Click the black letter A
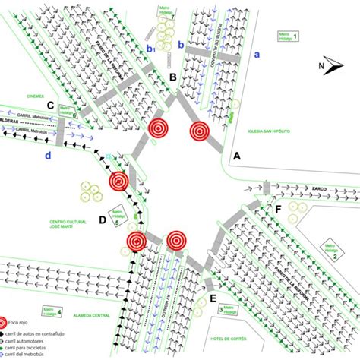coord(236,156)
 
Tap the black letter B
coord(173,77)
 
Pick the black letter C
coord(50,106)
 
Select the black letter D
coord(102,221)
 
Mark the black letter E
coord(213,298)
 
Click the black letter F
coord(279,207)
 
